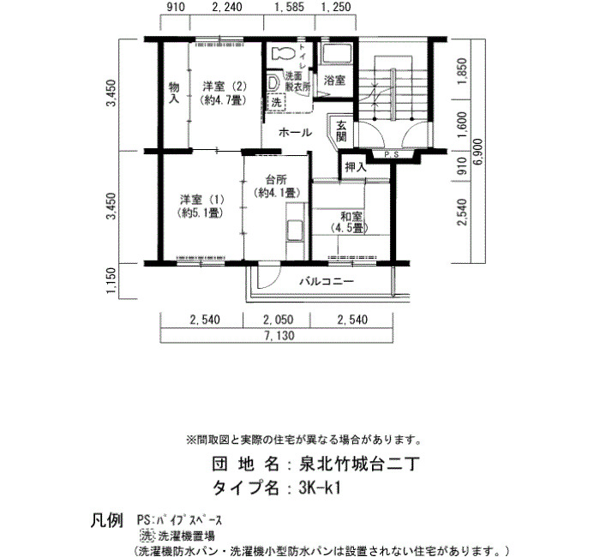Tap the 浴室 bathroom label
point(334,81)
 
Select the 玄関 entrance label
point(341,131)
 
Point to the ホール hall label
point(295,133)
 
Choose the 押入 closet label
point(356,167)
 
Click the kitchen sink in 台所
point(294,231)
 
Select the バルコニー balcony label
point(327,282)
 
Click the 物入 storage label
point(174,93)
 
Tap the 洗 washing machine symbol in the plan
point(276,102)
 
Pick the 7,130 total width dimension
point(279,336)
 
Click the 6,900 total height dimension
point(478,152)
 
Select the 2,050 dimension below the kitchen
point(279,320)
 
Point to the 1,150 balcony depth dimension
point(111,281)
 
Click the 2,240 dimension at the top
point(226,7)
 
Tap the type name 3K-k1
point(320,488)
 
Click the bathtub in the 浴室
point(337,53)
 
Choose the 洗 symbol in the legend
point(147,535)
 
